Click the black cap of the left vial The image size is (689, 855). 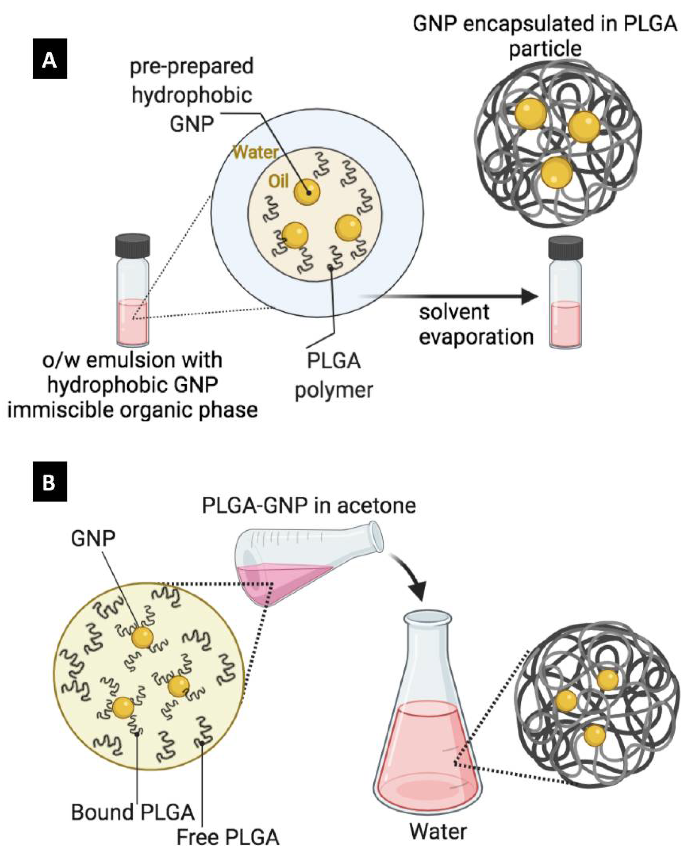(132, 246)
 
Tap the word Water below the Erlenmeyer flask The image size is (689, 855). (438, 831)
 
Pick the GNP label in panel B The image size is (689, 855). (93, 538)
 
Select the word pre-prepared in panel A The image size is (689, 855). (192, 66)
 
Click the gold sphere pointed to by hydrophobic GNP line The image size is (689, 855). (306, 192)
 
